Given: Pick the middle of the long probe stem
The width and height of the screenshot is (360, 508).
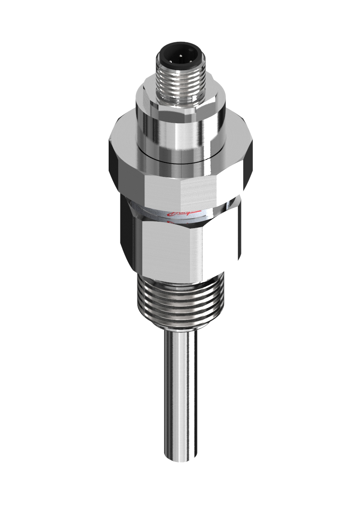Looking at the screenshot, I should click(180, 395).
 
